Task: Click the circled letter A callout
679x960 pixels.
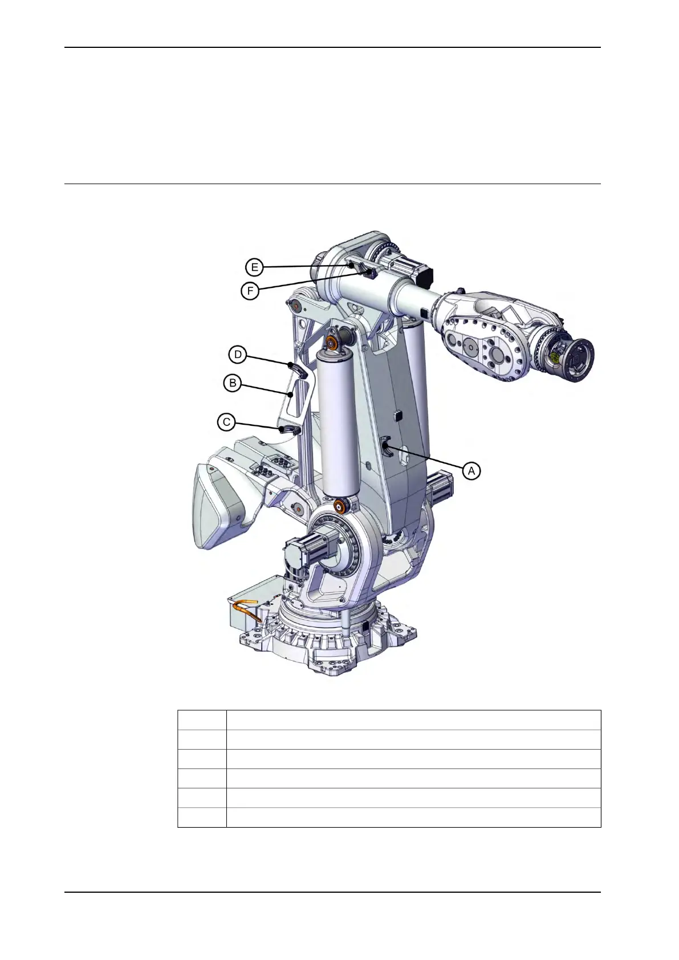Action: point(471,471)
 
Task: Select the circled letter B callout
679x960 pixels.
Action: point(233,383)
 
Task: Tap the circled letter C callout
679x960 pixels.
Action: point(226,422)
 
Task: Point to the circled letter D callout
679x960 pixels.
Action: point(238,355)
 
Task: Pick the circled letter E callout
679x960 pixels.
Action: point(254,267)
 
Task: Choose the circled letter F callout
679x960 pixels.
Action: point(250,291)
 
